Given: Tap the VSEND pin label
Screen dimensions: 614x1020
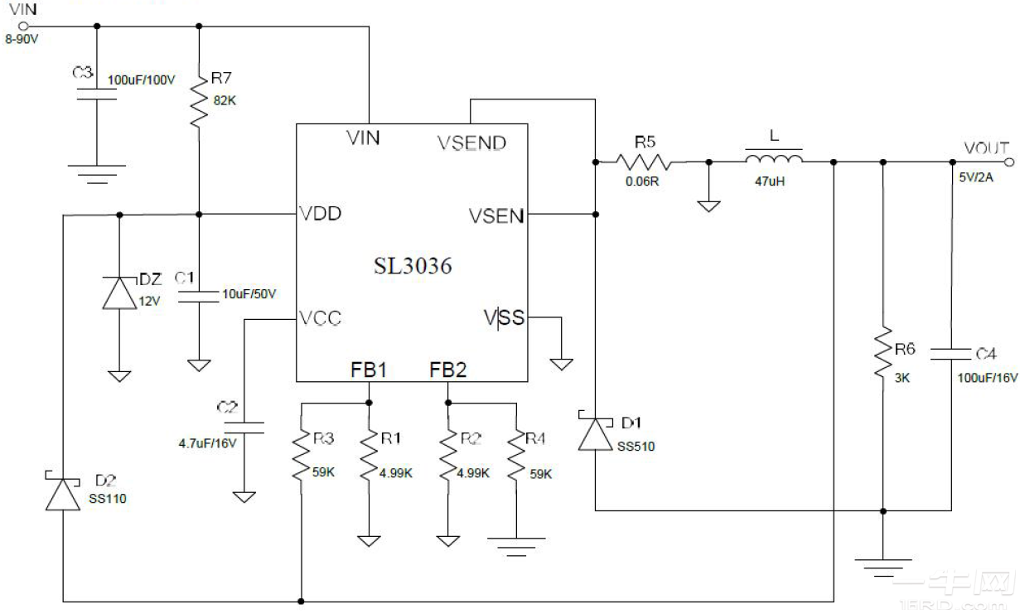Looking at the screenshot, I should pyautogui.click(x=471, y=143).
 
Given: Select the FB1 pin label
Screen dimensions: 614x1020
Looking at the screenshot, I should pyautogui.click(x=368, y=370).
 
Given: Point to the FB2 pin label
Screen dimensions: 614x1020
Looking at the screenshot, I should pyautogui.click(x=447, y=370).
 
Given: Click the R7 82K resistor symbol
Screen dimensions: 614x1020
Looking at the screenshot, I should pyautogui.click(x=199, y=99).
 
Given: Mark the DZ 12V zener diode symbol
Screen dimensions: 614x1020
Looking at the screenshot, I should pyautogui.click(x=119, y=292).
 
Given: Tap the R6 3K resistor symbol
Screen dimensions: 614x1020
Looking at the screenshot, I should pyautogui.click(x=883, y=352).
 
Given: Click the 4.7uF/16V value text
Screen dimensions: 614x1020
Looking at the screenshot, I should pyautogui.click(x=207, y=443).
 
